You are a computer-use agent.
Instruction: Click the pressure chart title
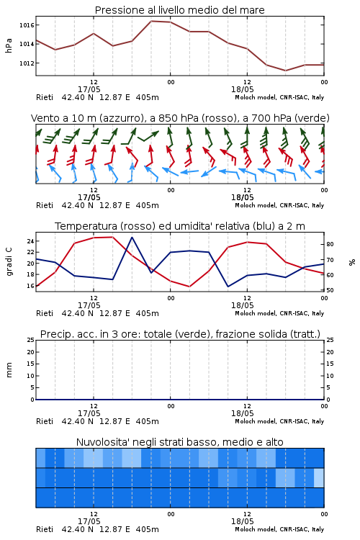click(x=179, y=10)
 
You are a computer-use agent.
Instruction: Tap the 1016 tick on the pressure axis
click(x=27, y=25)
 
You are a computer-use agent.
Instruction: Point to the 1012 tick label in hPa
click(x=27, y=63)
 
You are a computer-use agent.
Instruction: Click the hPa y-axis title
click(x=9, y=45)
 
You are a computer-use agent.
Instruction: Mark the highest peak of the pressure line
click(x=151, y=21)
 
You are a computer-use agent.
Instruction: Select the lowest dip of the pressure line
click(x=285, y=71)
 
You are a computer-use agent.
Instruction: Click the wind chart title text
click(x=180, y=118)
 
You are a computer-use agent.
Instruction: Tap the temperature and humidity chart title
click(x=180, y=226)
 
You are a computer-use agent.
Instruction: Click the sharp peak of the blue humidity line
click(x=132, y=237)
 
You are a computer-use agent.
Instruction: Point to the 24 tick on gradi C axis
click(x=30, y=241)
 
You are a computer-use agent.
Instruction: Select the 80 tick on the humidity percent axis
click(x=330, y=244)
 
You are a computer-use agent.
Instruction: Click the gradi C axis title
click(x=9, y=262)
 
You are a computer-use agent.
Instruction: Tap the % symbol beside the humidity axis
click(x=352, y=262)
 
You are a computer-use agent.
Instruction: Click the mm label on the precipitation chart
click(x=9, y=370)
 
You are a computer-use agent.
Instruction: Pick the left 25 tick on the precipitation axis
click(x=30, y=340)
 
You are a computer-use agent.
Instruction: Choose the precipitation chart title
click(x=180, y=334)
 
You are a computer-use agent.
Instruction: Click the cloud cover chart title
click(x=179, y=442)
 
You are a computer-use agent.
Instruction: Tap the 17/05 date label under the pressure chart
click(x=89, y=89)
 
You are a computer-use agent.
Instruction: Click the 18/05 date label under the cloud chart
click(x=242, y=521)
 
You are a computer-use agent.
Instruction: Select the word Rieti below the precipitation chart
click(x=45, y=421)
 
